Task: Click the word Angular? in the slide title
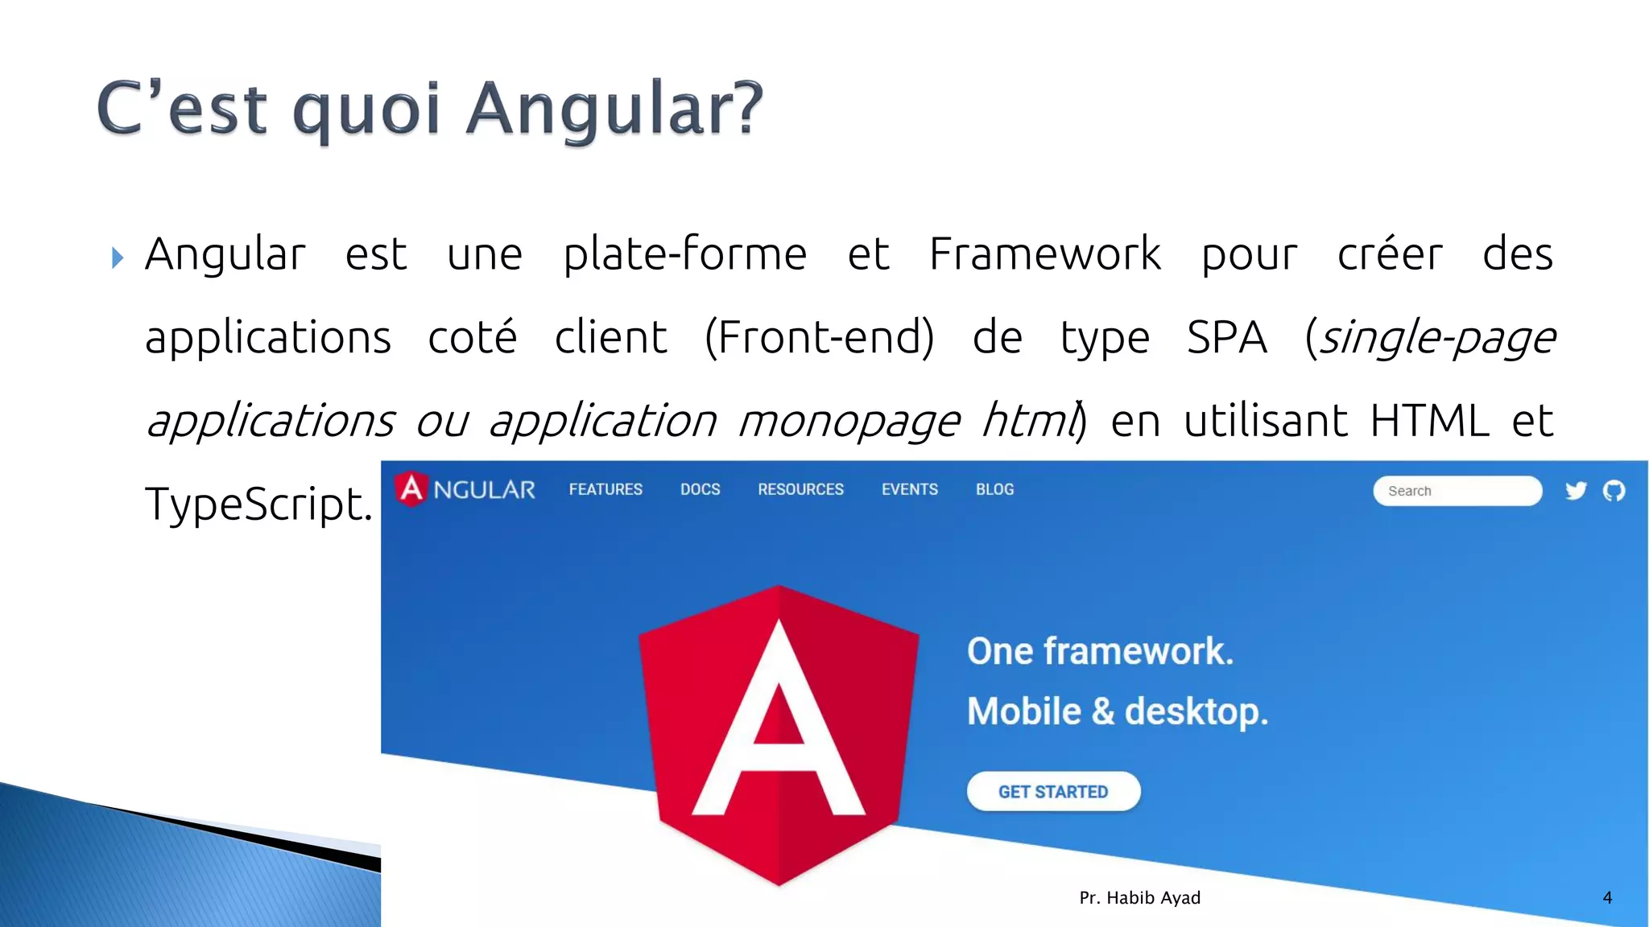(615, 109)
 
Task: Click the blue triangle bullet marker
(118, 258)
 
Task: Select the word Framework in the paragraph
(1044, 254)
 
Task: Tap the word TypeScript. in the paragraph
(258, 505)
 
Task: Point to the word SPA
(1226, 337)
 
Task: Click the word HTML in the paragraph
(1429, 421)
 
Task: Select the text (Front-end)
(819, 337)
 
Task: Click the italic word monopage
(849, 421)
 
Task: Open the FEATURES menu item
(605, 489)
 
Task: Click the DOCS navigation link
(700, 489)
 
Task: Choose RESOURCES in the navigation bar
(800, 489)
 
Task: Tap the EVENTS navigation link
(909, 489)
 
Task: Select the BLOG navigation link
(994, 489)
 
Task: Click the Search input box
(1457, 491)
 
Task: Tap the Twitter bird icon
(1576, 491)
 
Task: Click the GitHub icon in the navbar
(1614, 491)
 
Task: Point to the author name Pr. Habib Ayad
(1139, 898)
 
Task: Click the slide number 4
(1607, 898)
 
